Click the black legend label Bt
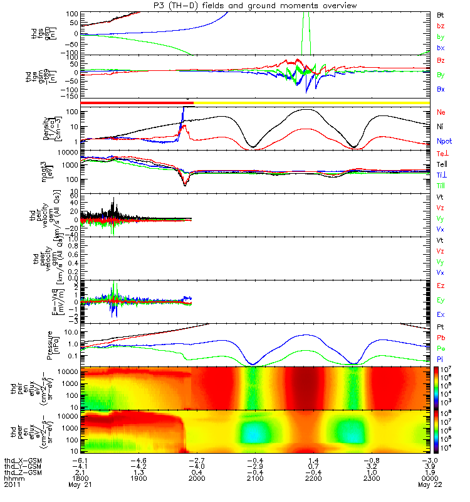tap(441, 14)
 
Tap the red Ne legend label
tap(441, 112)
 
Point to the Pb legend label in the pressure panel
tap(441, 338)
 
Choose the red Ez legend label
tap(441, 286)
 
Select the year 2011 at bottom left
tap(12, 484)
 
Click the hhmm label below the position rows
tap(12, 478)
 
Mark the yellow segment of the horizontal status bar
tap(313, 102)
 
